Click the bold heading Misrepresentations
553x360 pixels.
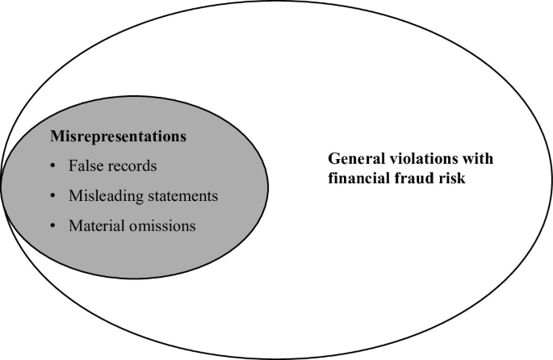[x=119, y=136]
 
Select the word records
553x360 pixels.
[x=132, y=166]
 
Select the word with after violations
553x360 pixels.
[x=476, y=158]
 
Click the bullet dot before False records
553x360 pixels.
[x=53, y=167]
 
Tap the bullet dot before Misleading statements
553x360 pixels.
[x=53, y=197]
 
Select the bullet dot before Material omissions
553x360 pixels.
[x=53, y=227]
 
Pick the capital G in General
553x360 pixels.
[x=333, y=158]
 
